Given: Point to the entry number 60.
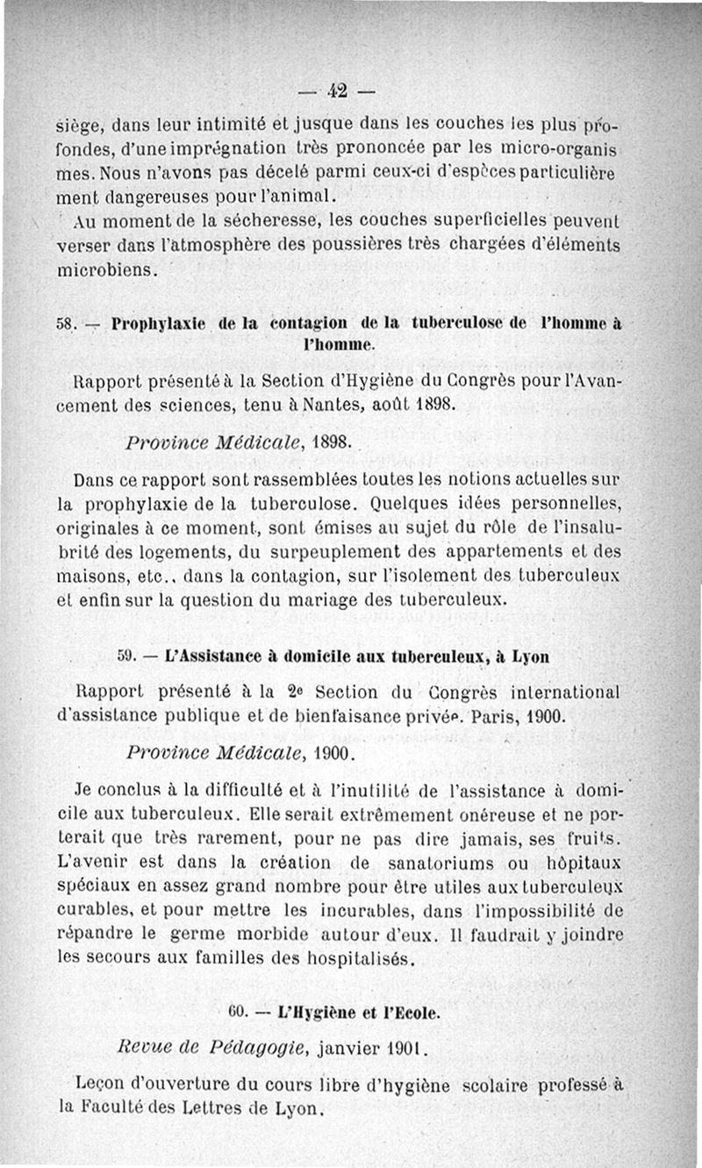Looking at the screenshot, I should click(238, 1012).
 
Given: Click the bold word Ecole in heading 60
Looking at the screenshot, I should click(417, 1012).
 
